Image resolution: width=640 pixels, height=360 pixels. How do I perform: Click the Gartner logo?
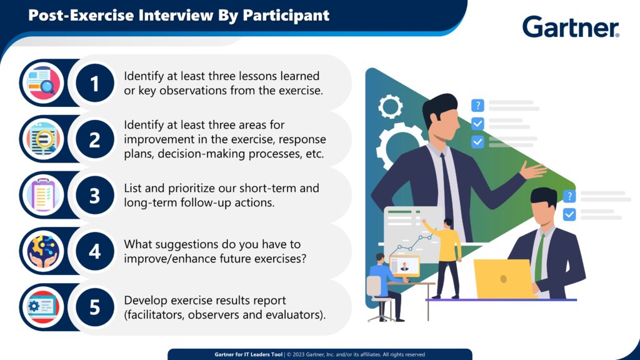pos(571,27)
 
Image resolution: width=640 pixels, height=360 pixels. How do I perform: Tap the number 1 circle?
pos(95,83)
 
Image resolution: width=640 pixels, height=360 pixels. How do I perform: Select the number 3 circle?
pos(95,195)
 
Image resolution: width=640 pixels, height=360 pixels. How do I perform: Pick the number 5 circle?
pos(95,307)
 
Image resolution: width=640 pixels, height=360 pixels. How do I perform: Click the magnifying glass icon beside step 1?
pos(43,83)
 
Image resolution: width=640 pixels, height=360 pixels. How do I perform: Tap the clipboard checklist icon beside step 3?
pos(43,195)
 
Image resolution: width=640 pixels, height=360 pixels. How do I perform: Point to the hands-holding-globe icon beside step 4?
pos(43,251)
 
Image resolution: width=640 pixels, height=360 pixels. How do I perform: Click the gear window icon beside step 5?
pos(43,307)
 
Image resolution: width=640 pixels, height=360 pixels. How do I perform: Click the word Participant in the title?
pos(286,16)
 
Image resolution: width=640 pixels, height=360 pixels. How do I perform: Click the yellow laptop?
pos(504,279)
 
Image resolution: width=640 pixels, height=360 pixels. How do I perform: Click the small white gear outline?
pos(390,106)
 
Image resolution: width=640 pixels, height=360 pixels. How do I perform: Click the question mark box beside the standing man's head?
pos(477,106)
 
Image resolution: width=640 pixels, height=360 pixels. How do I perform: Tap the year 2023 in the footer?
pos(298,355)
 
